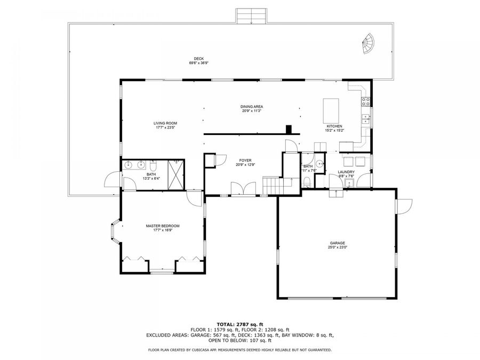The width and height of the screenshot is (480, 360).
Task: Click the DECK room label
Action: tap(198, 59)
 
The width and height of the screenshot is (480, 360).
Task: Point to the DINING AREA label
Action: tap(252, 107)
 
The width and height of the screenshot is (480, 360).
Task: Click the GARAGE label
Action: tap(337, 242)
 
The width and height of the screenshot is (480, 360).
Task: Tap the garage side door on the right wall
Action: tap(404, 206)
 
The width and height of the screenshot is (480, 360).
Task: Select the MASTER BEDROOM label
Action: tap(163, 226)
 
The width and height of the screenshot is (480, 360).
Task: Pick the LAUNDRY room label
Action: tap(346, 172)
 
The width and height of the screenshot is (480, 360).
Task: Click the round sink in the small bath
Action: tap(319, 164)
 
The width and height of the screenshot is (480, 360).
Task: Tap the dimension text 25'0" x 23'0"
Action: tap(337, 247)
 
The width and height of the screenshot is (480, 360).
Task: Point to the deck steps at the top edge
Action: tap(251, 16)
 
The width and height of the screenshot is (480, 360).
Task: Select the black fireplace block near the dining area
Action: tap(289, 129)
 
